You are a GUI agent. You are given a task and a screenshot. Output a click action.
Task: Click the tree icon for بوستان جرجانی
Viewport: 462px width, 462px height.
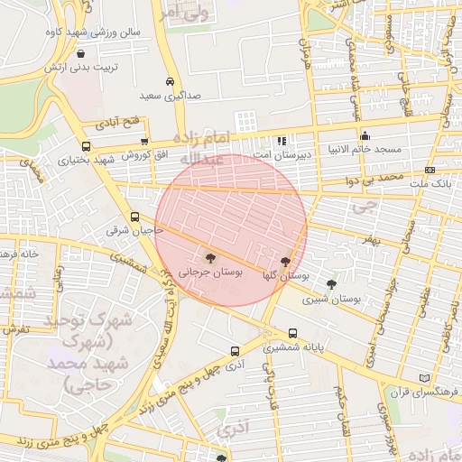click(210, 259)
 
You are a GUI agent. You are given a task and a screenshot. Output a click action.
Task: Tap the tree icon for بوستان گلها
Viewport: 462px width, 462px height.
click(286, 261)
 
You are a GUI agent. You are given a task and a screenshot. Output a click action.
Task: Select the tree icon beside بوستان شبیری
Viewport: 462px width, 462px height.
click(332, 283)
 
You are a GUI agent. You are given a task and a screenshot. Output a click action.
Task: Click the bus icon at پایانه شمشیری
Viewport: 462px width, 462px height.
click(292, 333)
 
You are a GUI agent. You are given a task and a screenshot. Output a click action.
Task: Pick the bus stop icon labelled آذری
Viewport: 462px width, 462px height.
click(236, 351)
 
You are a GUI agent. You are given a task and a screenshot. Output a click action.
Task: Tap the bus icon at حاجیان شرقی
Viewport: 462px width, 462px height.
click(134, 217)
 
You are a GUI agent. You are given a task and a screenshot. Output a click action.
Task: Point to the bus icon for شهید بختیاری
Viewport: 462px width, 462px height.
click(86, 147)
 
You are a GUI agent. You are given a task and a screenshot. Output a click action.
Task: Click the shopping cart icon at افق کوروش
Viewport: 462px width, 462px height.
click(144, 142)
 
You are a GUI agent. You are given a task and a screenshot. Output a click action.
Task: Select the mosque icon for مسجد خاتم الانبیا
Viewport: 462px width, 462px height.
click(365, 135)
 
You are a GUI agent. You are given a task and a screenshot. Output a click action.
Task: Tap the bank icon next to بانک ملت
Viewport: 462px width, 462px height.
click(430, 170)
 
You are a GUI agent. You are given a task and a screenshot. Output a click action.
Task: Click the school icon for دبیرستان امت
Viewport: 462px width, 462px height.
click(282, 141)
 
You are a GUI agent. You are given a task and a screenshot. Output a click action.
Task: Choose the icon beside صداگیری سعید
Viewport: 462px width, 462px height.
click(171, 79)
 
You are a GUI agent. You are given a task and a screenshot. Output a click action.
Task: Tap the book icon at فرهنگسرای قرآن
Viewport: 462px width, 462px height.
click(425, 378)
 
